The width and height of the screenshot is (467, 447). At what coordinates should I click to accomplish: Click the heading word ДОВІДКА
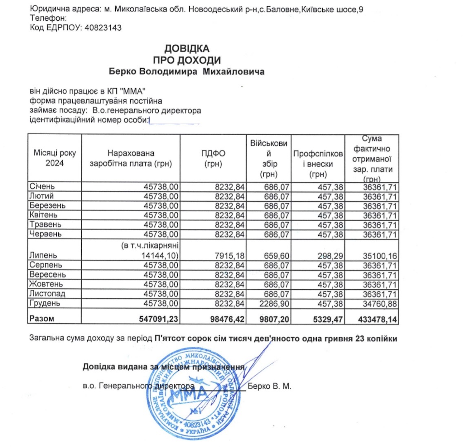point(187,49)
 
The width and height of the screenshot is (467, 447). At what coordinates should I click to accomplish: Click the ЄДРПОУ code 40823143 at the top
point(103,28)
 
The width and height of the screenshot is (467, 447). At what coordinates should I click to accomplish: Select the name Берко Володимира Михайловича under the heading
point(186,72)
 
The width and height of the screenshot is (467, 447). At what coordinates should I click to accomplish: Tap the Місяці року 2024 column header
point(55,158)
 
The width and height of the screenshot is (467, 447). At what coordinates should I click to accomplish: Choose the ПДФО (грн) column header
point(213,158)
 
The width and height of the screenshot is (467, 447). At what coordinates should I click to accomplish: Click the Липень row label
point(43,256)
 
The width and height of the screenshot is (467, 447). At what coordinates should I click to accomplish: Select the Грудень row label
point(45,303)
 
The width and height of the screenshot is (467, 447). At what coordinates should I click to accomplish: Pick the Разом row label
point(42,319)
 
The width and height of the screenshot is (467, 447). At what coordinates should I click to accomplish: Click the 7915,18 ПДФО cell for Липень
point(229,256)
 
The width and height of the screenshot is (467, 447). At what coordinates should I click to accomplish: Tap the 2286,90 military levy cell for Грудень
point(274,304)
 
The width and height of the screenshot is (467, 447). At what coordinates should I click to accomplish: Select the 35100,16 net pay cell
point(380,256)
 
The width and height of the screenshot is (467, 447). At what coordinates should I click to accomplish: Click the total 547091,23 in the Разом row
point(159,319)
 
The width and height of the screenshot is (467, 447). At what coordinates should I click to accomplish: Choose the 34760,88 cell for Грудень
point(380,304)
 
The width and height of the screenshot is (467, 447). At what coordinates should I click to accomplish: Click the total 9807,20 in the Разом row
point(274,319)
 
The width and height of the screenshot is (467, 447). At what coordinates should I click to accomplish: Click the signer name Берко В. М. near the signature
point(269,387)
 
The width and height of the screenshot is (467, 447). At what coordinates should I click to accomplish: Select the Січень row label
point(42,186)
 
